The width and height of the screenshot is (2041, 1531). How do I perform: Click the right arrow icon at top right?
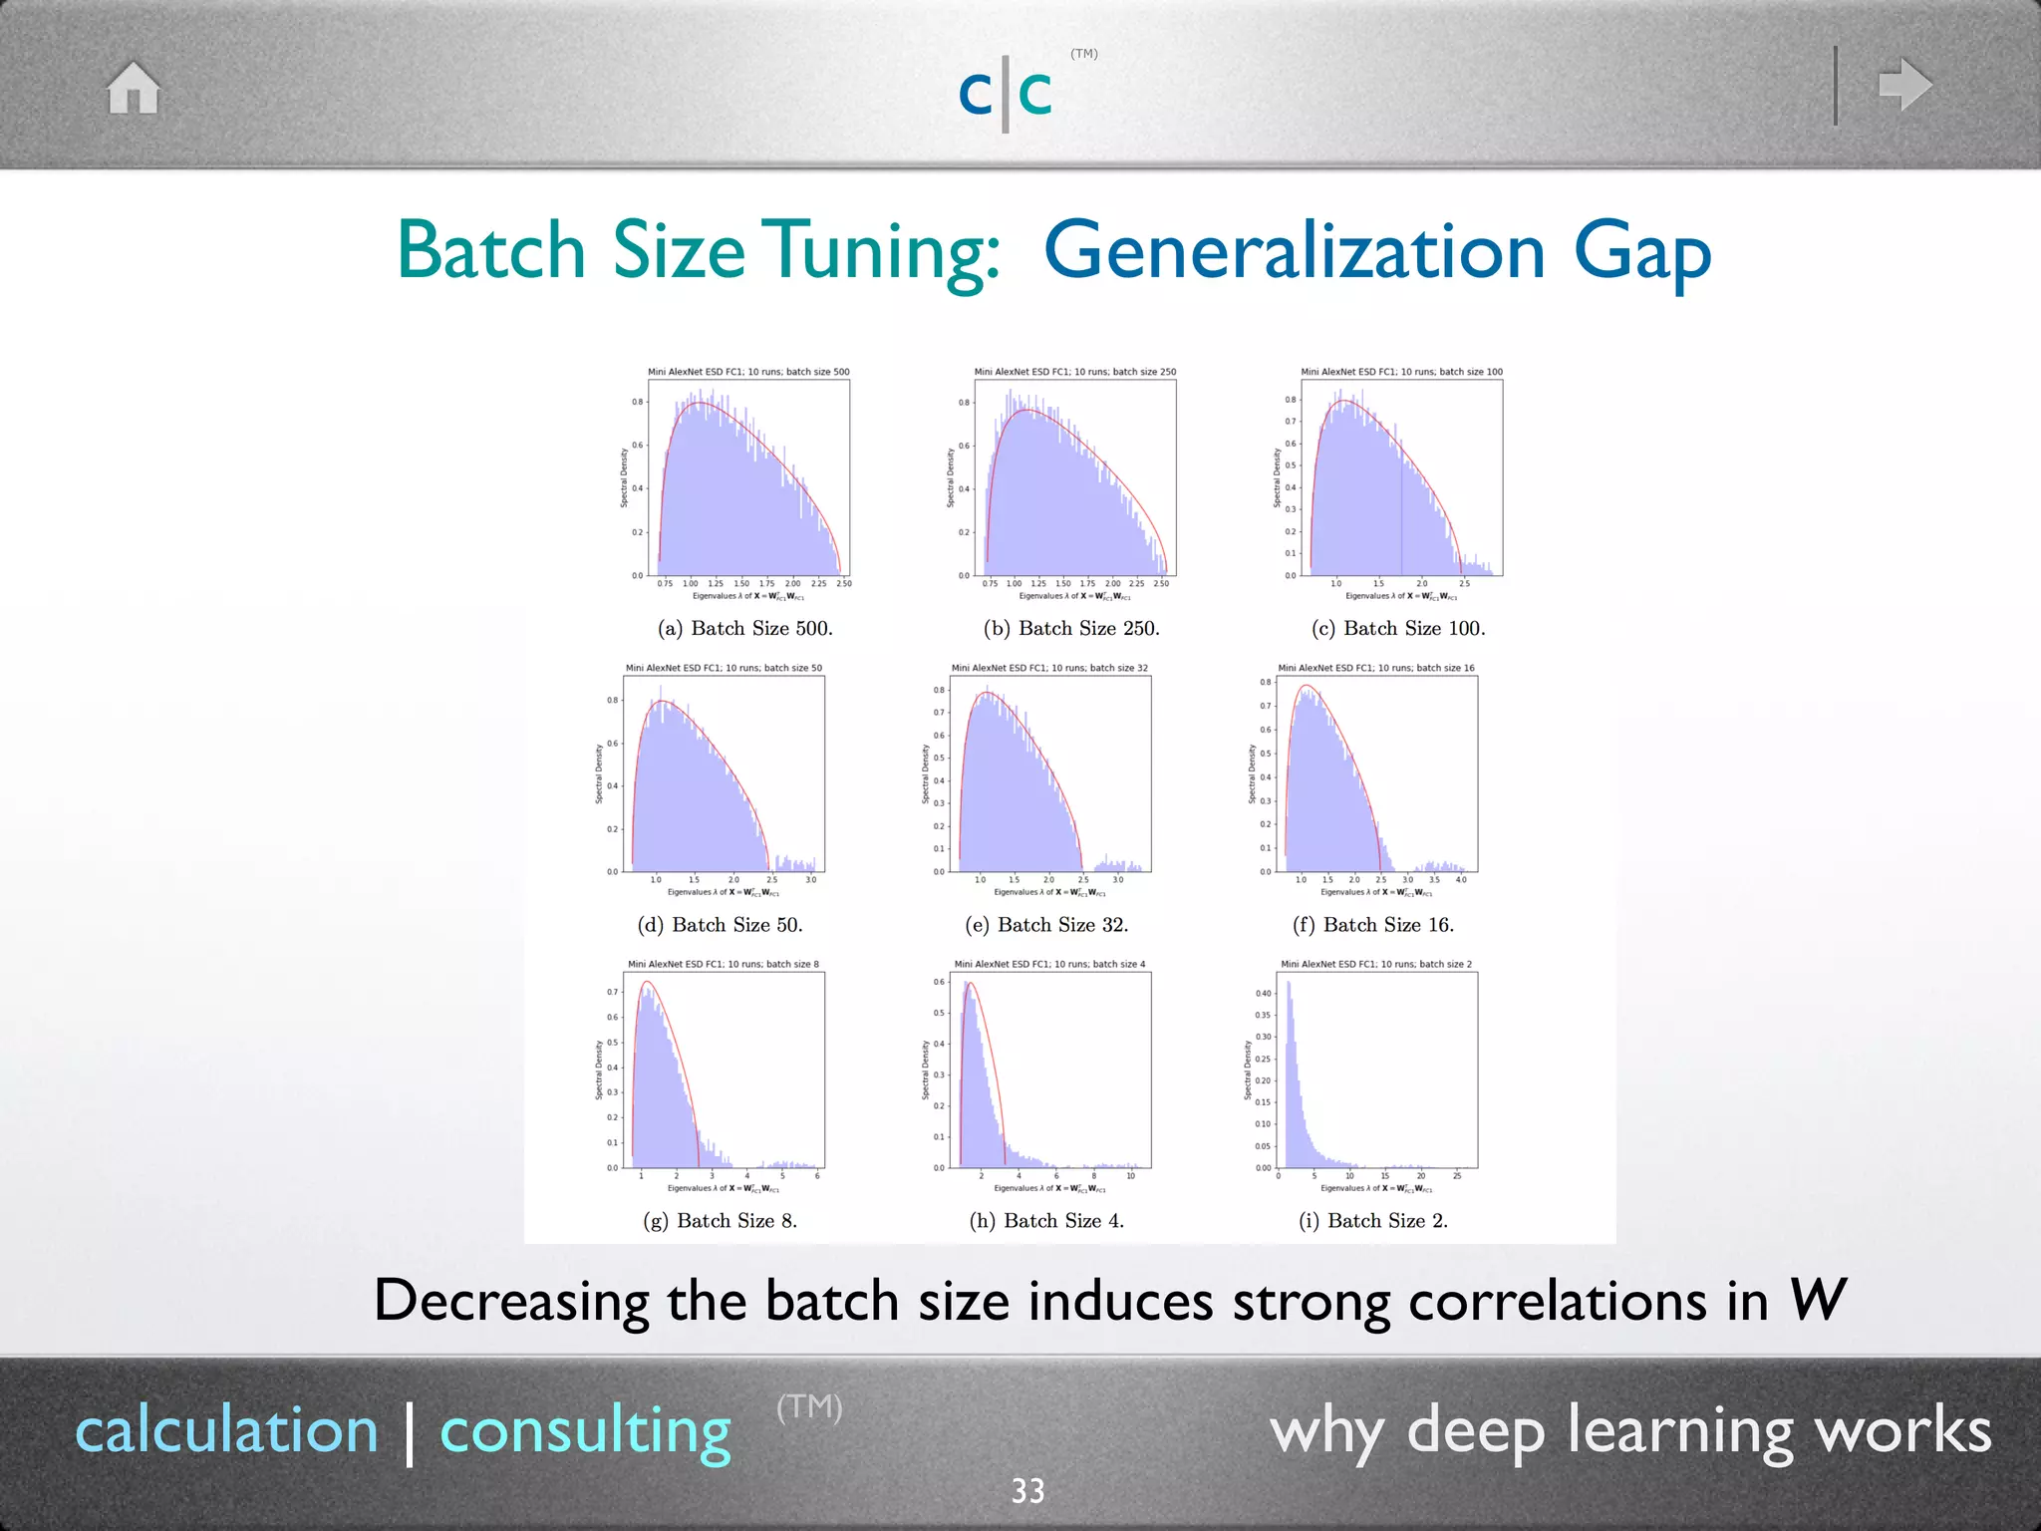[x=1904, y=85]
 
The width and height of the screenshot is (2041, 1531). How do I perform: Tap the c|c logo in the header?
[x=1006, y=93]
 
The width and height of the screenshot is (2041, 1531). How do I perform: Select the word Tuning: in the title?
[x=886, y=251]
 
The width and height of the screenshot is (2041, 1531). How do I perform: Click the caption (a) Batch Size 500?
[x=744, y=628]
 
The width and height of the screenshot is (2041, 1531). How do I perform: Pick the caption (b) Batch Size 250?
[x=1071, y=628]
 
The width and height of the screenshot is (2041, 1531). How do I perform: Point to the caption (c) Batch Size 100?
[x=1398, y=628]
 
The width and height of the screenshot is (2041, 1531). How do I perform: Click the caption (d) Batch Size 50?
[x=720, y=924]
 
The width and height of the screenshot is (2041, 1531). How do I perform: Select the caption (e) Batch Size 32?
[x=1046, y=924]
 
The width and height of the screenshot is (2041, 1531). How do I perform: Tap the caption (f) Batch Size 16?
[x=1373, y=924]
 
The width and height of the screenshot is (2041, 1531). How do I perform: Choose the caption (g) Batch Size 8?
[x=720, y=1220]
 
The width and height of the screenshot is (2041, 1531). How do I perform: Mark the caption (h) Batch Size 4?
[x=1046, y=1220]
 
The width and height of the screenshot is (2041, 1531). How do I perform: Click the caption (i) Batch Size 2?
[x=1373, y=1220]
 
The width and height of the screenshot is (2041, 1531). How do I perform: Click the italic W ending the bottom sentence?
[x=1817, y=1300]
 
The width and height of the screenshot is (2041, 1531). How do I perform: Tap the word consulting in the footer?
[x=585, y=1431]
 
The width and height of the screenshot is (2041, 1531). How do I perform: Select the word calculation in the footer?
[x=227, y=1429]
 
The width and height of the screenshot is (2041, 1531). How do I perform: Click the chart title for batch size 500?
[x=748, y=372]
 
